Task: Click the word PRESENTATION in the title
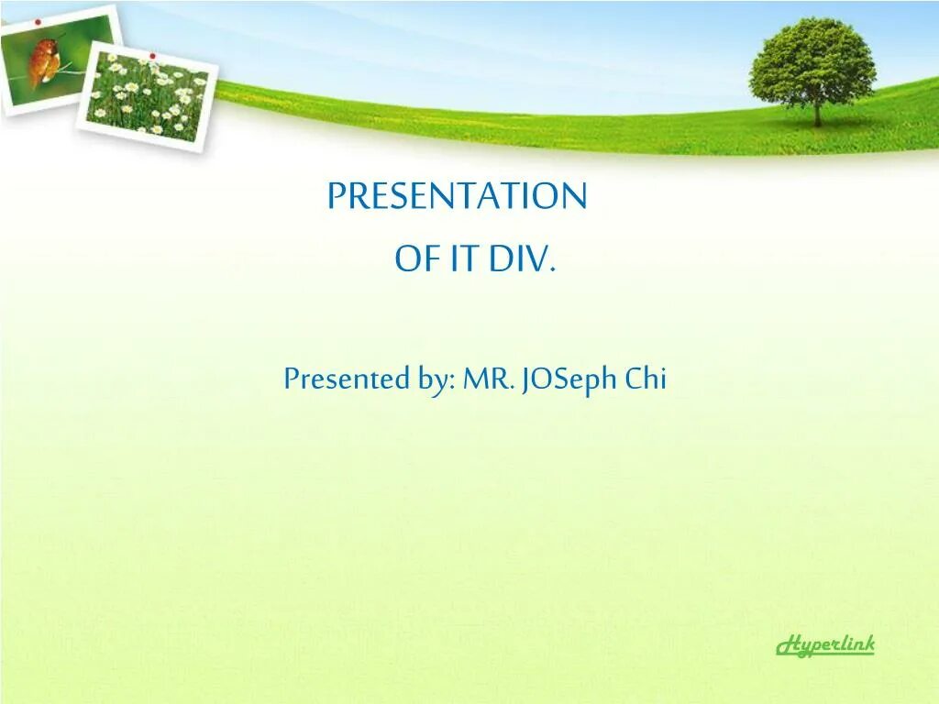click(457, 196)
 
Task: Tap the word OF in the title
click(414, 258)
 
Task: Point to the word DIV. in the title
click(523, 258)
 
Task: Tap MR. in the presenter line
click(489, 379)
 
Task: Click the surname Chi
click(646, 378)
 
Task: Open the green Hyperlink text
click(825, 645)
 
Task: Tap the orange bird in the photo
click(44, 61)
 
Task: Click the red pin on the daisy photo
click(153, 56)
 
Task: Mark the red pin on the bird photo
click(39, 22)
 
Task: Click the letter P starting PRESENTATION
click(337, 196)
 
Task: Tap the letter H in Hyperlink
click(788, 645)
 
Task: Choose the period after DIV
click(553, 269)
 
